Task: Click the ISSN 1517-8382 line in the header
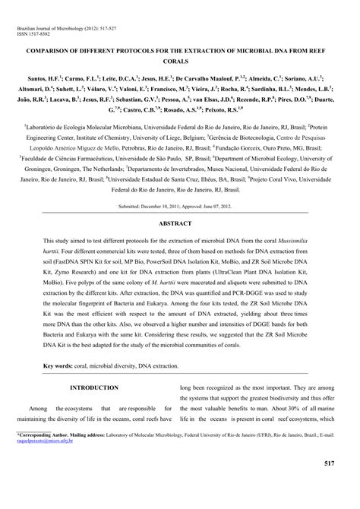33,35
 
